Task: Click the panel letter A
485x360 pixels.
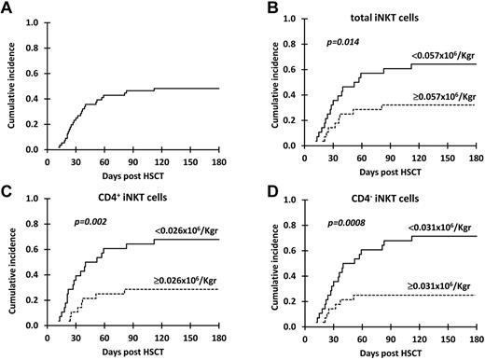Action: point(7,8)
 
